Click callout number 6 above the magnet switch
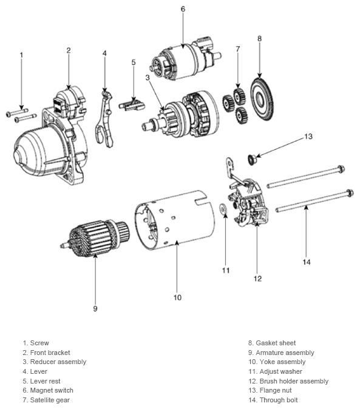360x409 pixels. [183, 8]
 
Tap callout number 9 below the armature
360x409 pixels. [95, 308]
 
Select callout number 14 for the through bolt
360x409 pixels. [307, 262]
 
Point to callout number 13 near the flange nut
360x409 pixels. [308, 137]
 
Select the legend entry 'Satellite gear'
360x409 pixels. [50, 400]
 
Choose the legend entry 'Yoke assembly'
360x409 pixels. [280, 362]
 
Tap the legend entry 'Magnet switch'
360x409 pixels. [52, 390]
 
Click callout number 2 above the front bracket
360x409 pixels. [69, 50]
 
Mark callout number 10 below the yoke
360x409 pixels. [177, 297]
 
